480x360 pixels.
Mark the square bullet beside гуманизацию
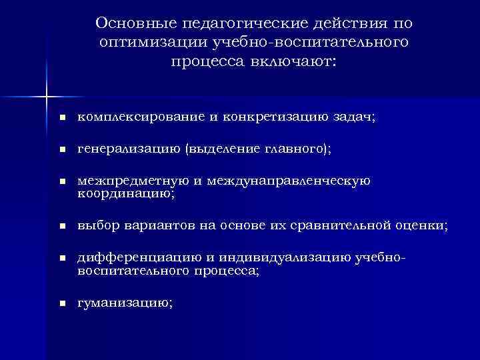tap(61, 303)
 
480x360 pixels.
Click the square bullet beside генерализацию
tap(61, 151)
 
